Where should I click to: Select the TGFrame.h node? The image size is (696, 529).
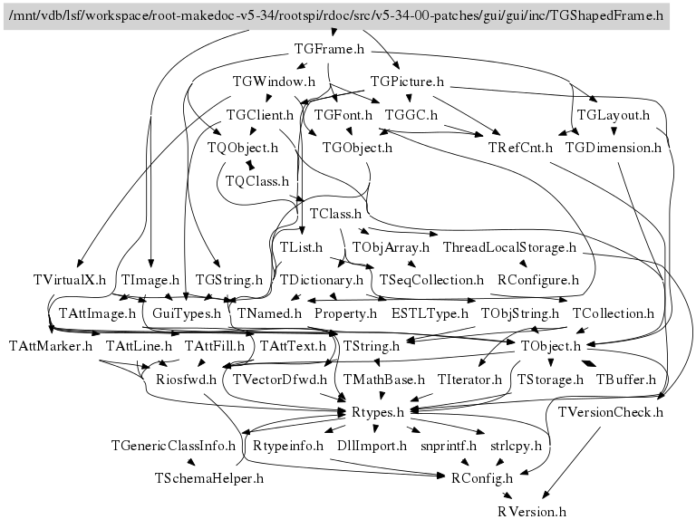(330, 49)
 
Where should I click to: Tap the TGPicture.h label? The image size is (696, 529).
(407, 82)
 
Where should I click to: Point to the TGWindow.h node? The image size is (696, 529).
(267, 82)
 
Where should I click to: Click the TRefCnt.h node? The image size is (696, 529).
(521, 148)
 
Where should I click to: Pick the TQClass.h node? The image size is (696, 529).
(256, 181)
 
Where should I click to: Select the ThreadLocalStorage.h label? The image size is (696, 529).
(510, 246)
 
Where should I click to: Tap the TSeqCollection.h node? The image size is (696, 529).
(432, 280)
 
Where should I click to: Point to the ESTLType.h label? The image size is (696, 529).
(430, 313)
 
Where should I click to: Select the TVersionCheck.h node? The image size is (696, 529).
(612, 412)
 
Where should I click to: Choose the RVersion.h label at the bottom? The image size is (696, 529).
(532, 511)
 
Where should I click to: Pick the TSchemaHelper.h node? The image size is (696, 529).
(209, 477)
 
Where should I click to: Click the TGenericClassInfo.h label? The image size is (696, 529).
(173, 445)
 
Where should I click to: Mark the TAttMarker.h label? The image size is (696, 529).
(52, 346)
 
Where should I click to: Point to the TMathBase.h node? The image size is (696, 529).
(384, 379)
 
